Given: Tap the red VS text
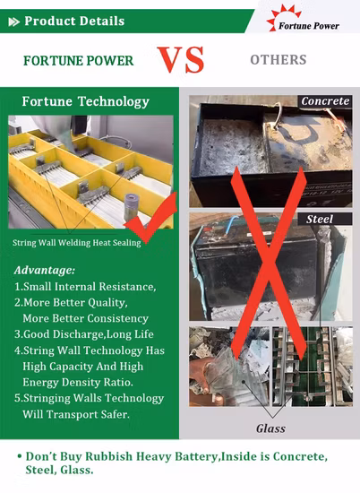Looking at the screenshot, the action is pos(181,59).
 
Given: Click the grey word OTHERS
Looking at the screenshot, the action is pos(279,60).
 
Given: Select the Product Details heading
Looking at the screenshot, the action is pos(74,22).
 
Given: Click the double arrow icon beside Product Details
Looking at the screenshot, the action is pos(13,22).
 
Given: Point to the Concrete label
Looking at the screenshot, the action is pos(325,101).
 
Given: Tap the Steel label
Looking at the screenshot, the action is pos(320,219).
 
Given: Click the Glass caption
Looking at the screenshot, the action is pos(270,428).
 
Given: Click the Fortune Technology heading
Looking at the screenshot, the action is pos(85,101).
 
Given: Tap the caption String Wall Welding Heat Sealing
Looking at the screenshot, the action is pos(77,243).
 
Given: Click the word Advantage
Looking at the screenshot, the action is pos(45,271).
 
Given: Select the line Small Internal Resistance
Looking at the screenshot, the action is pos(85,287).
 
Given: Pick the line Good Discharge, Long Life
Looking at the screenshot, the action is pos(84,334).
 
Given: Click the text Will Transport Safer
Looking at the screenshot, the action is pos(76,414).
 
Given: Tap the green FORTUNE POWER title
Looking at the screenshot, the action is pos(79,61).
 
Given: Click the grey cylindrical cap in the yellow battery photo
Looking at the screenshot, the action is pos(132,207).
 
